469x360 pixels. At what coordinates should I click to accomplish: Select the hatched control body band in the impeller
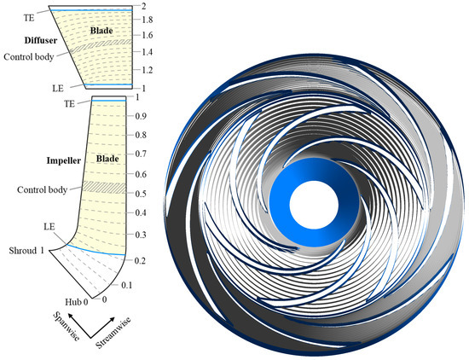tap(101, 186)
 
